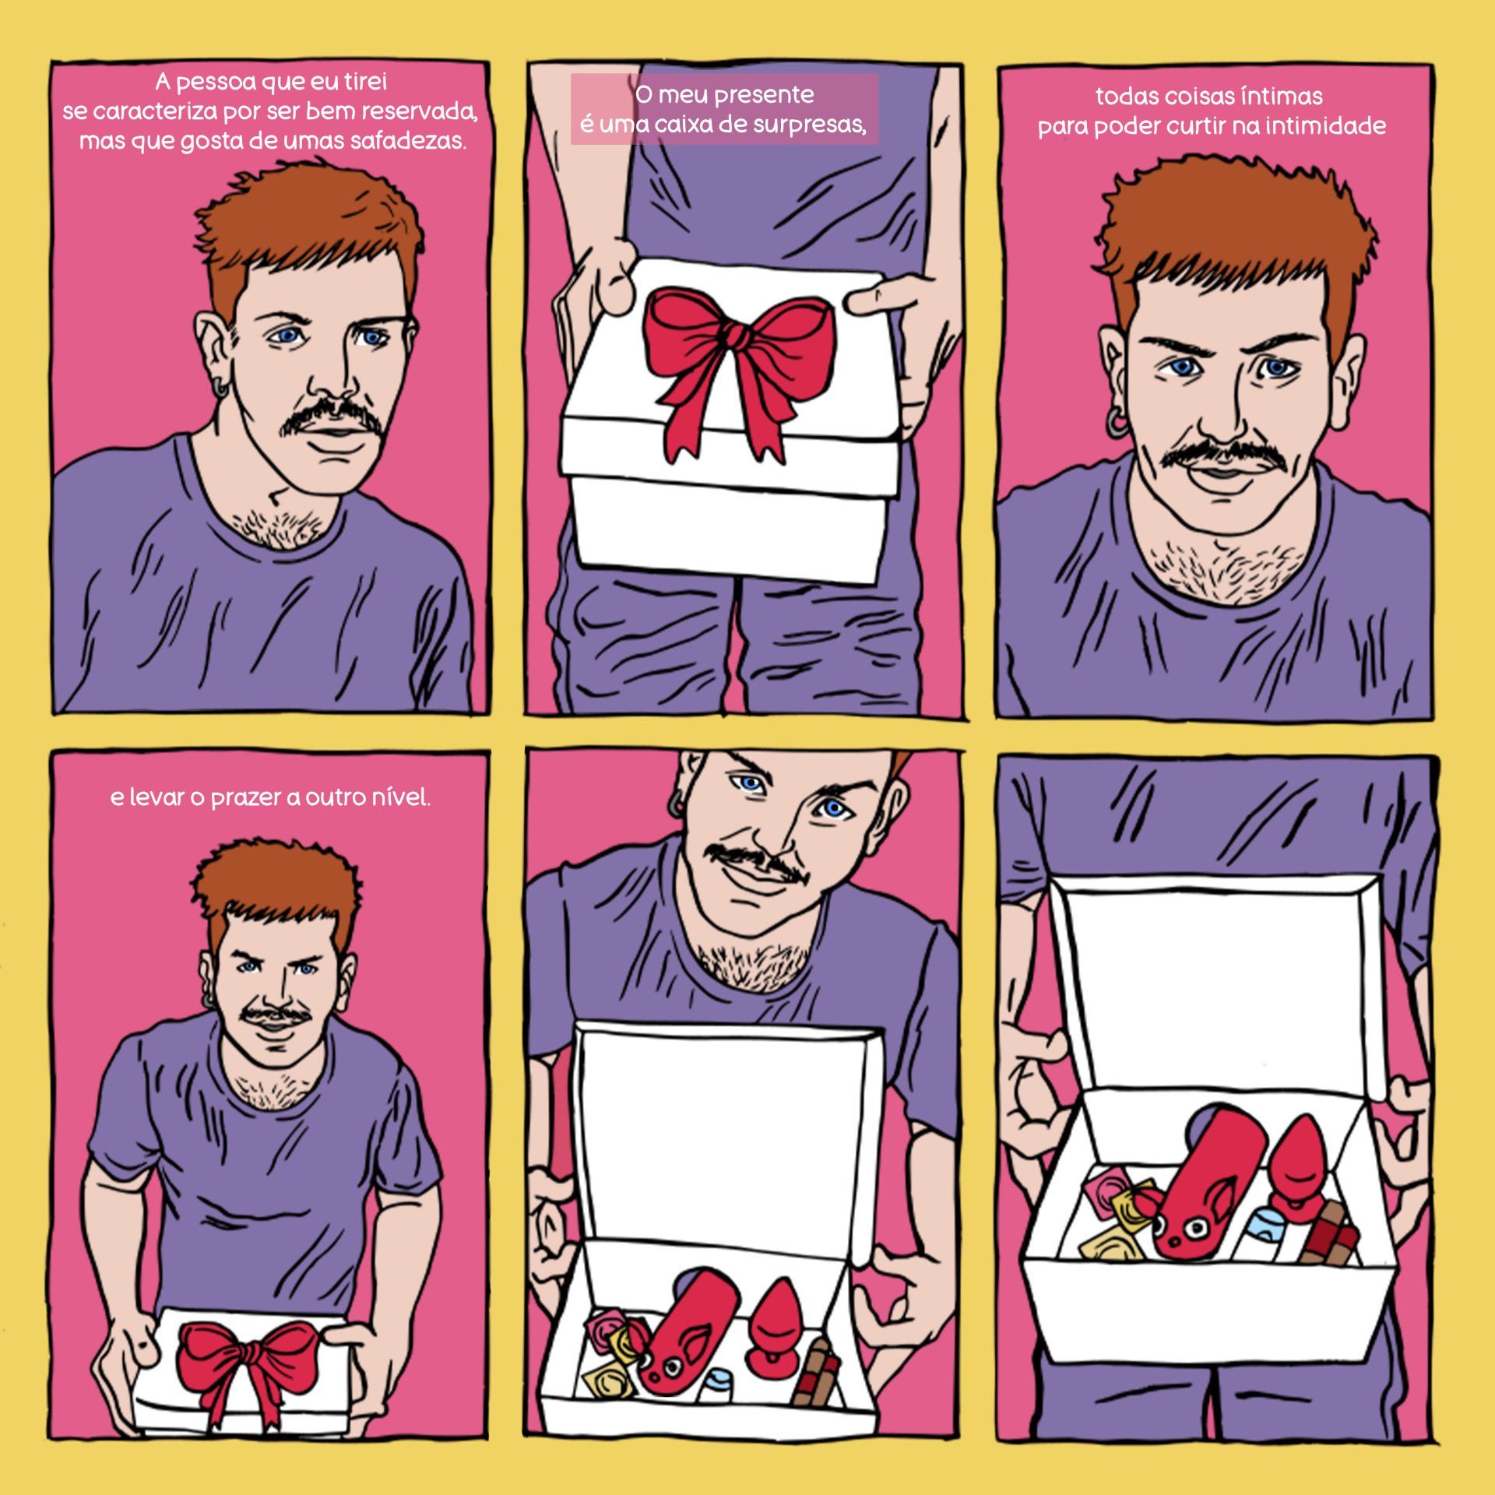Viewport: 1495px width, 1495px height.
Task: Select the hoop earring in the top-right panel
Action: pos(1119,426)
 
